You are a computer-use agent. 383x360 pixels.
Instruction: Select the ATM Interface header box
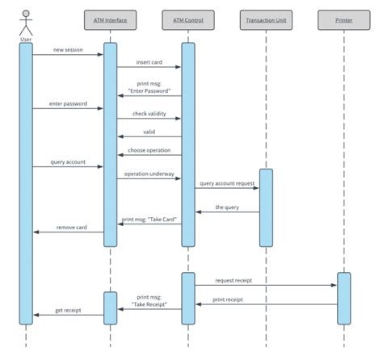coord(110,18)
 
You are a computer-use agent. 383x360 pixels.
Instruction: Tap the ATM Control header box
coord(187,18)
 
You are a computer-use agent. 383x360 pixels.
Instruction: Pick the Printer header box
coord(343,18)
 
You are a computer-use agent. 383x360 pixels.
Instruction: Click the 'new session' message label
coord(69,50)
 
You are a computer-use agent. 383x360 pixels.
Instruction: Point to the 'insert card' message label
coord(149,62)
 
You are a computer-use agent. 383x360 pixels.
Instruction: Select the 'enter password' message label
coord(69,105)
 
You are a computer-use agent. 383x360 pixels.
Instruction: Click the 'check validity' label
coord(149,114)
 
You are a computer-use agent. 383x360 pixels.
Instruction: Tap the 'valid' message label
coord(149,131)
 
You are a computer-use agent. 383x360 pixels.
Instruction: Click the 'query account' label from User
coord(69,162)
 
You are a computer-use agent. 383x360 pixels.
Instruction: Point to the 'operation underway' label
coord(149,174)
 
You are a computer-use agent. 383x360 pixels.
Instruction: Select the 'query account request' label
coord(227,183)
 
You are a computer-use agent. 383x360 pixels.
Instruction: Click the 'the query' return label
coord(227,207)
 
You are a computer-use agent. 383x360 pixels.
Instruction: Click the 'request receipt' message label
coord(234,280)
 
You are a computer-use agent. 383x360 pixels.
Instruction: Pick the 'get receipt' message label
coord(69,310)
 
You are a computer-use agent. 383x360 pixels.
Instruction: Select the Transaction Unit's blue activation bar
coord(265,207)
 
